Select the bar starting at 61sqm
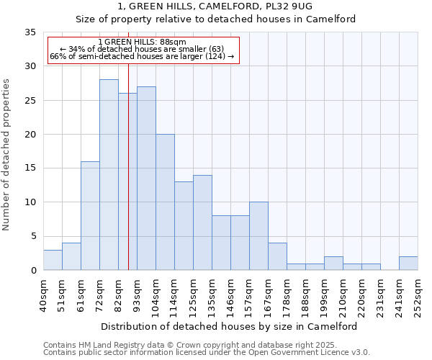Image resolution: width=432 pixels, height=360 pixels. tap(90, 216)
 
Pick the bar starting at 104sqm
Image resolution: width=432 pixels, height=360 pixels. tap(165, 202)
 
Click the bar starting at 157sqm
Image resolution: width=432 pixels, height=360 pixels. tap(258, 236)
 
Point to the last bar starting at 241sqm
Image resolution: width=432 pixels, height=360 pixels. tap(408, 264)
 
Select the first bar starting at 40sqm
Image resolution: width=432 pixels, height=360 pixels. tap(53, 260)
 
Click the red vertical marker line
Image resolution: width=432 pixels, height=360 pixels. tap(128, 180)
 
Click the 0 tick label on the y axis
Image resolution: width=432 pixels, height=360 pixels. tap(32, 271)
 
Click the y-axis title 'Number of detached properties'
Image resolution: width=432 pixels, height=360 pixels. tap(7, 155)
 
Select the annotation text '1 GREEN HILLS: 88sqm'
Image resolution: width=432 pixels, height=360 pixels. tap(142, 42)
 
